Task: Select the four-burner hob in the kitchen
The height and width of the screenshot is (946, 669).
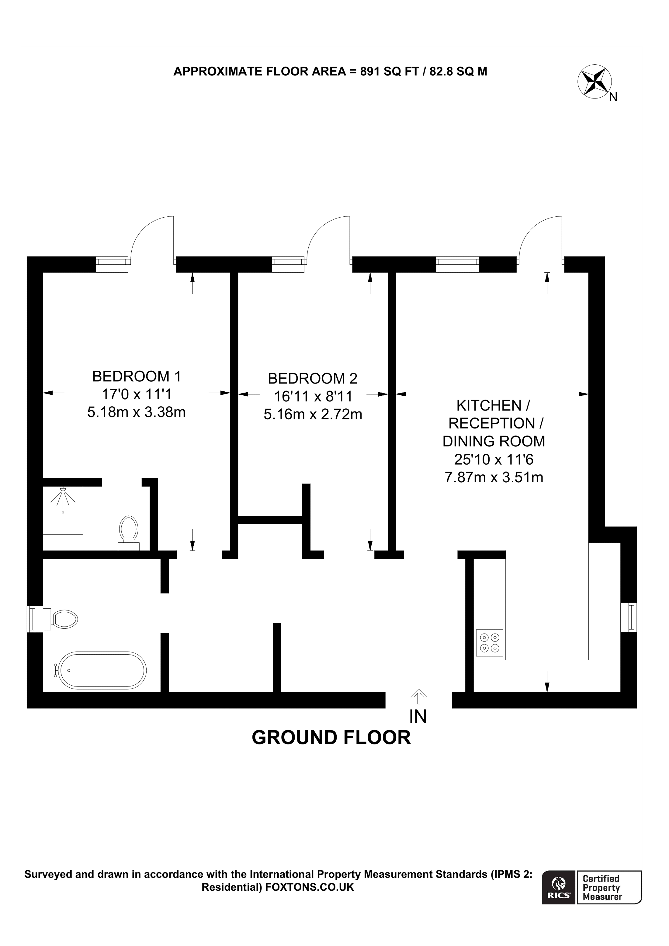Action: coord(489,643)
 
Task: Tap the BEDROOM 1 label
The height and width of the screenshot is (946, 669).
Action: coord(137,376)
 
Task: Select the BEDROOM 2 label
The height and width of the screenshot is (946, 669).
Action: coord(312,378)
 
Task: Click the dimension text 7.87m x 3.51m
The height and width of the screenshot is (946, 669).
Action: coord(494,477)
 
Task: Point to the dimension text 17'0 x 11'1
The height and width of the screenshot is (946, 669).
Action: coord(137,394)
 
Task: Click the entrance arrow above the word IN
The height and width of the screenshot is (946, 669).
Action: coord(418,696)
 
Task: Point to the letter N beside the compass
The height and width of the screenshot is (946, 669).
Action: coord(613,97)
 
